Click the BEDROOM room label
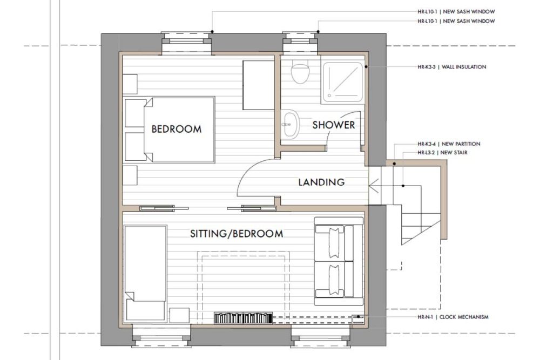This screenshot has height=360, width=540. (x=177, y=129)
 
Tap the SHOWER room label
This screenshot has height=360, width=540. (x=333, y=125)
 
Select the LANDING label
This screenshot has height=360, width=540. (x=321, y=182)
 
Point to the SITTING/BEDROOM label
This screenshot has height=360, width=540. (x=237, y=234)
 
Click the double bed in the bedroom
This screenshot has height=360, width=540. (x=170, y=130)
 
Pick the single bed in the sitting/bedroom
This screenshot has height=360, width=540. (x=146, y=274)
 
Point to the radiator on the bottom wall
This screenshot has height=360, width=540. (x=243, y=318)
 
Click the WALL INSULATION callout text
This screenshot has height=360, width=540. (x=452, y=67)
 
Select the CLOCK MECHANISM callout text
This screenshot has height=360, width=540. (x=453, y=317)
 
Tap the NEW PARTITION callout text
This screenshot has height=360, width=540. (x=449, y=144)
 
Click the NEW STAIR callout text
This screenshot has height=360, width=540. (x=443, y=152)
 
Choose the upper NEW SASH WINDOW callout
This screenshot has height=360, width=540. (x=456, y=11)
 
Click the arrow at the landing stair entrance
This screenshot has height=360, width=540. (x=374, y=186)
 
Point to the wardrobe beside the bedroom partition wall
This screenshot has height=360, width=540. (x=258, y=85)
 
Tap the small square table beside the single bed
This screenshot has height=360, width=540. (x=179, y=316)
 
